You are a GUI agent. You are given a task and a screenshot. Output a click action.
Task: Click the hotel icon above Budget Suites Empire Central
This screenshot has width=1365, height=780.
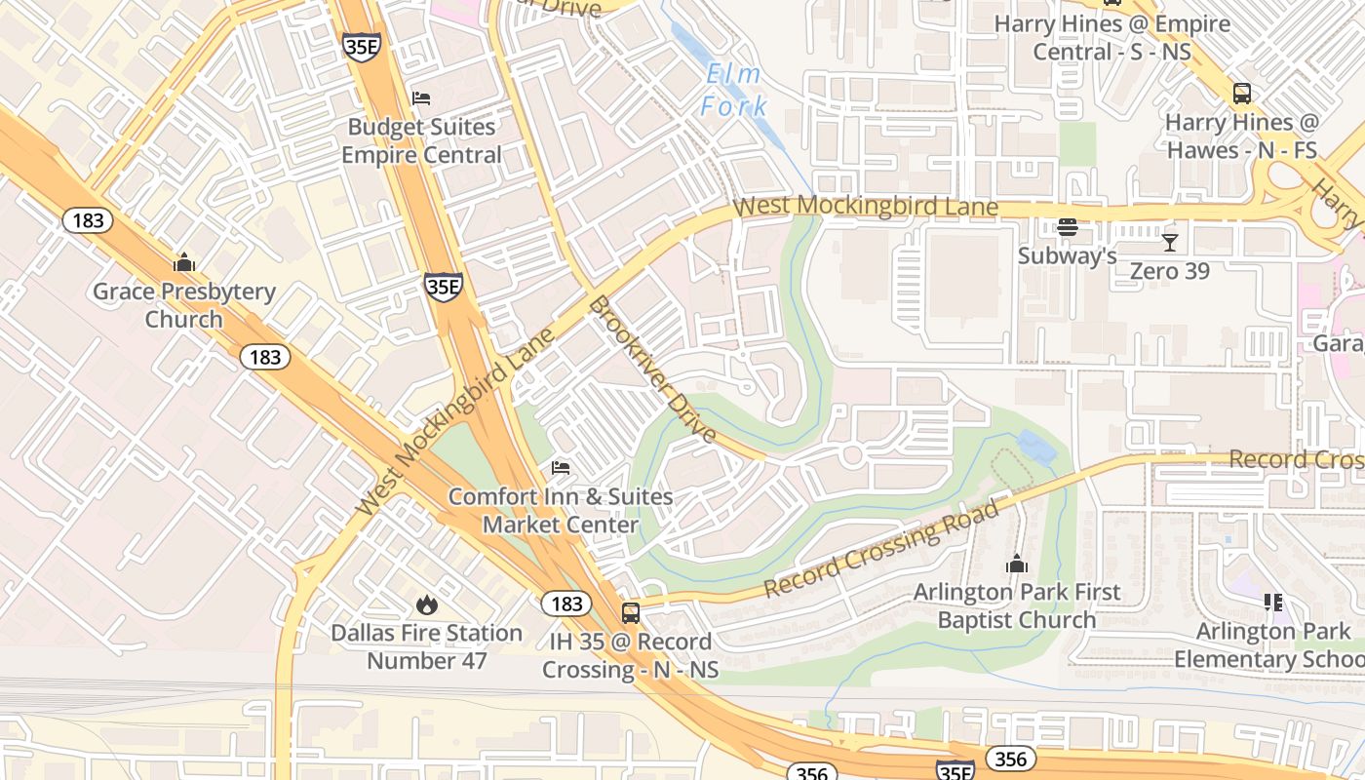pos(421,97)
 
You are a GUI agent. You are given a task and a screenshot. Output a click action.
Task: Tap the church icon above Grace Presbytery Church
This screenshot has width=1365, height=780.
pos(183,262)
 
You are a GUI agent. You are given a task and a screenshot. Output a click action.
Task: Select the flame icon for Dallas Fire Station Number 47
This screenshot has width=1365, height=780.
pos(426,604)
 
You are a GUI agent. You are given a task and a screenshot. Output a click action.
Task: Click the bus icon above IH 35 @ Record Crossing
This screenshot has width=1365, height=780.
pos(631,613)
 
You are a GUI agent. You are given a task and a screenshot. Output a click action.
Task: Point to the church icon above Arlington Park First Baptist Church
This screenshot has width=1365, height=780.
pos(1017,564)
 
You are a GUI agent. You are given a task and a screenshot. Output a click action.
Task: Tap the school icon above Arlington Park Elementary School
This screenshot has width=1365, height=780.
pos(1272,603)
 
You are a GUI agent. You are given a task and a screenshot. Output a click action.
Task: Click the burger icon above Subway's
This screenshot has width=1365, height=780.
pos(1068,228)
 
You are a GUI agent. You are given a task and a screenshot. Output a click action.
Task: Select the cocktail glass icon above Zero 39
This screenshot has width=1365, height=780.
pos(1170,242)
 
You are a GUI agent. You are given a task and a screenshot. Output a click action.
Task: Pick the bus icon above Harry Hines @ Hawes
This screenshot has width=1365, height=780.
pos(1242,94)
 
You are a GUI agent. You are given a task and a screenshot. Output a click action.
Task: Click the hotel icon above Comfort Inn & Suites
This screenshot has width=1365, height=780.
pos(561,469)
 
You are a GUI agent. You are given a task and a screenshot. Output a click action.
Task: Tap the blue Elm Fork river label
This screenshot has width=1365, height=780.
pos(733,90)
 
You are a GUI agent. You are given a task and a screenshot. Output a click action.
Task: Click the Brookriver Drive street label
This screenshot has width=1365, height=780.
pos(653,370)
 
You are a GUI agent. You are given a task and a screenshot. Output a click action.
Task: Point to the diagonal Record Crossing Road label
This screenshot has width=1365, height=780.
pos(882,549)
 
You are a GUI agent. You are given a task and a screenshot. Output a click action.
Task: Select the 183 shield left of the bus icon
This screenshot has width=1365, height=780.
pos(566,604)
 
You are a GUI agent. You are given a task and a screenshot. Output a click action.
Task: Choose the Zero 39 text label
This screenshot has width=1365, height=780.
pos(1169,271)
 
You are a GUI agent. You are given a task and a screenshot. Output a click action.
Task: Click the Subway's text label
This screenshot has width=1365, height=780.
pos(1067,255)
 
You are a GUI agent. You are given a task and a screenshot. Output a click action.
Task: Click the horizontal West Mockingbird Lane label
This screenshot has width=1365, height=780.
pos(865,207)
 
